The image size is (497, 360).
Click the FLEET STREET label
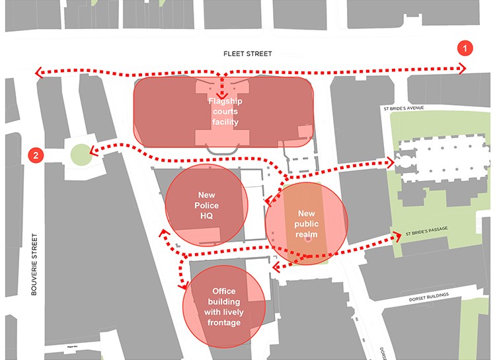point(247,54)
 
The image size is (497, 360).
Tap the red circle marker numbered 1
point(467,48)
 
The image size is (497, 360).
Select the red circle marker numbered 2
point(36,155)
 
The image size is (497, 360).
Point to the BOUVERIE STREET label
point(35,257)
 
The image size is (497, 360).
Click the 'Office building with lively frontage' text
point(224,307)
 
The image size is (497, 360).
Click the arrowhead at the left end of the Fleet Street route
point(38,72)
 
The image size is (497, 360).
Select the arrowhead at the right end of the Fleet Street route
point(462,68)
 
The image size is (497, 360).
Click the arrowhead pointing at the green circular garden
point(94,151)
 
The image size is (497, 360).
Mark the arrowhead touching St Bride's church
point(391,161)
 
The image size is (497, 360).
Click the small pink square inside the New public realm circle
point(308,240)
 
